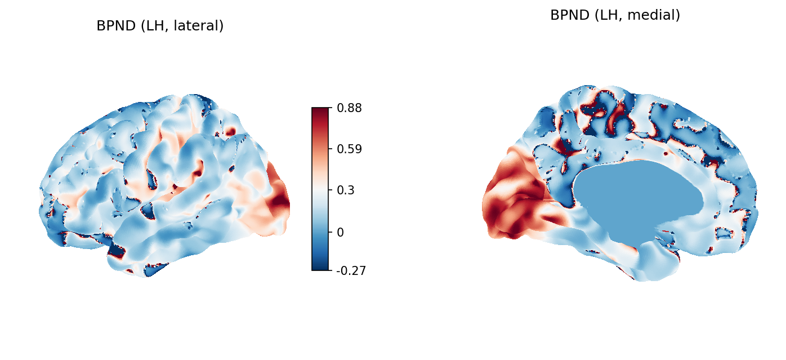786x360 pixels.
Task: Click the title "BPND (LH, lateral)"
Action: click(x=160, y=26)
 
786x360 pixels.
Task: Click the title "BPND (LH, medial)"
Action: click(x=615, y=15)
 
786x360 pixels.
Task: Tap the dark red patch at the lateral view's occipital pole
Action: click(x=280, y=201)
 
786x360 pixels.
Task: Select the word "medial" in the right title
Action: click(x=656, y=15)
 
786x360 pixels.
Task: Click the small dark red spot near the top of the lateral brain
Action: click(x=230, y=132)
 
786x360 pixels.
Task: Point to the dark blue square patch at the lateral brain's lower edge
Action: click(x=117, y=250)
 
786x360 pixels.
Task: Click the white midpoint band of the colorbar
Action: click(x=320, y=190)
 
